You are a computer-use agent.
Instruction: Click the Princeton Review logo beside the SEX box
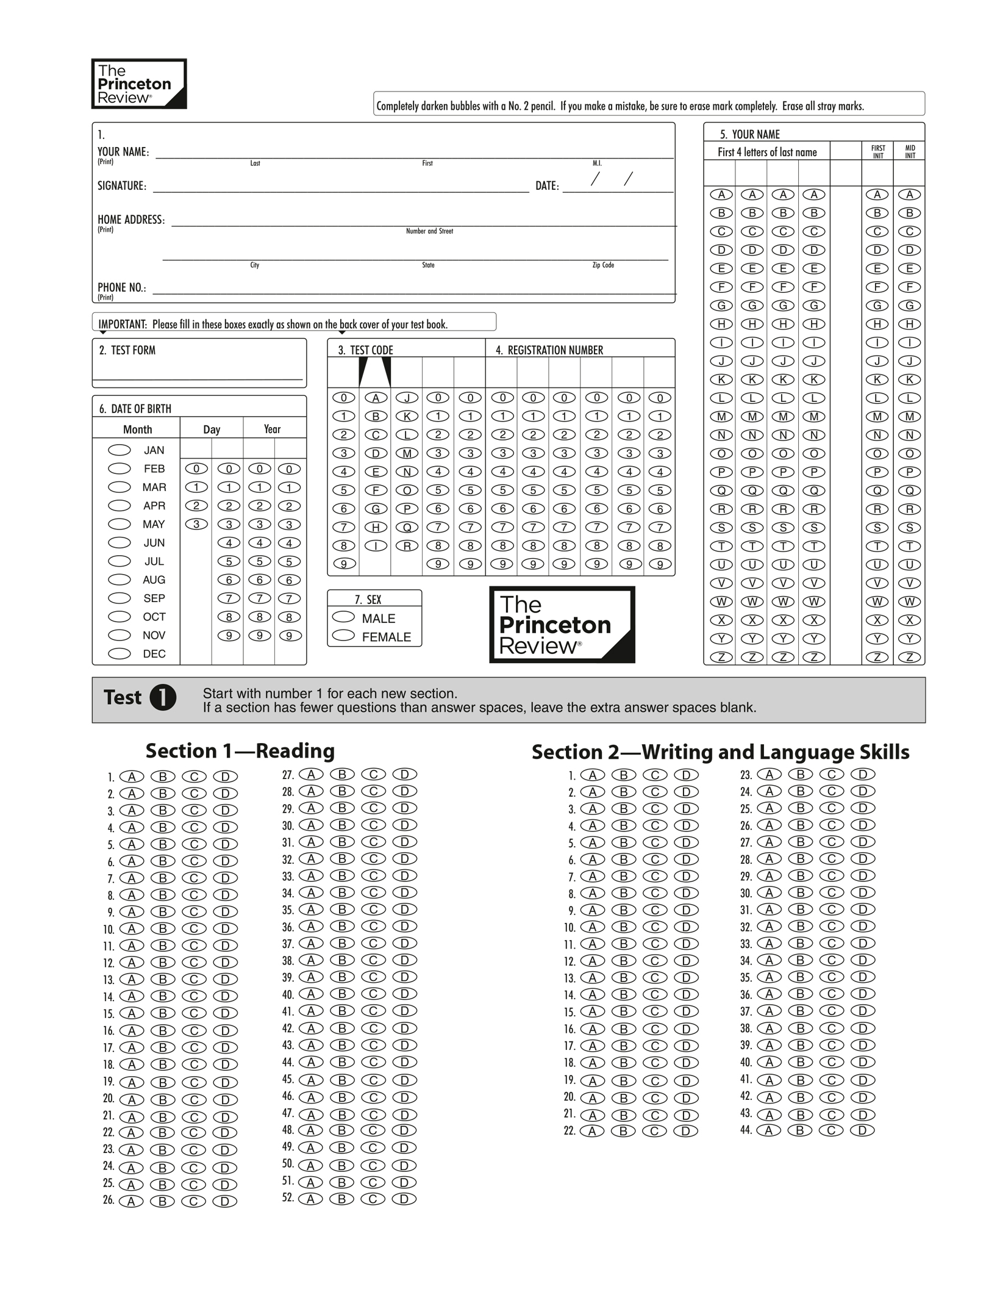(562, 624)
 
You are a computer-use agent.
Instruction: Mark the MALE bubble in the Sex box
(343, 617)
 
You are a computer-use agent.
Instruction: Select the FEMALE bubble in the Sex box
(343, 636)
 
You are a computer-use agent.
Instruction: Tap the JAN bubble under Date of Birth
(120, 450)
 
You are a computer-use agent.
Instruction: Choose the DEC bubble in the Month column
(120, 653)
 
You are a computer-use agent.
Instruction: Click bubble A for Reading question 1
(132, 777)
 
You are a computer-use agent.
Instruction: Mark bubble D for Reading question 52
(404, 1199)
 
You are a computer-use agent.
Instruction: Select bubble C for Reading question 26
(194, 1201)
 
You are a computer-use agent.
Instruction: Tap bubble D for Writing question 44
(862, 1130)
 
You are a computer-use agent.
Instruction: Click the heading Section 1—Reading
(240, 750)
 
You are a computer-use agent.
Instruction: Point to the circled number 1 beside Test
(163, 697)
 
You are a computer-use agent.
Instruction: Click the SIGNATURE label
(122, 186)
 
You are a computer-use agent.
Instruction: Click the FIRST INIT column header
(877, 152)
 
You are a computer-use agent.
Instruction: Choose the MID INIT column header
(910, 152)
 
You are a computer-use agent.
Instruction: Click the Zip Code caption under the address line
(603, 265)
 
